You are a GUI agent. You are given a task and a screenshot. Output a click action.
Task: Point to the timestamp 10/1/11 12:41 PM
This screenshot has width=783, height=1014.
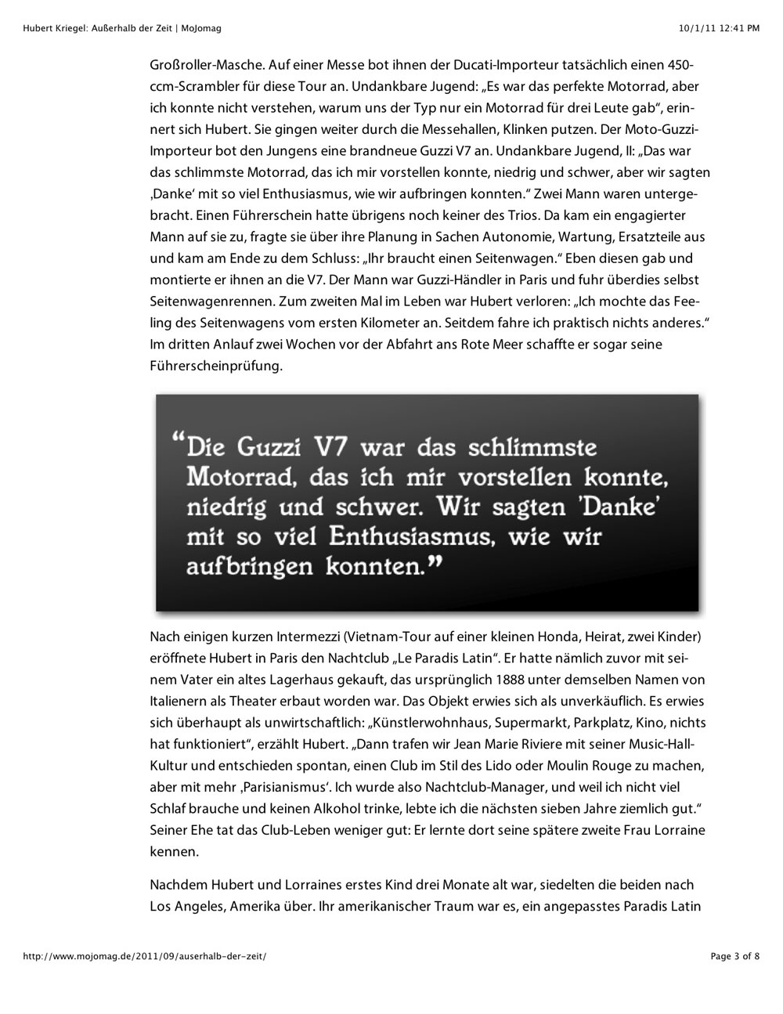720,28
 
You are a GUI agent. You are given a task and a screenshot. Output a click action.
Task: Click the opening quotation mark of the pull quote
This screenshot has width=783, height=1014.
176,442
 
